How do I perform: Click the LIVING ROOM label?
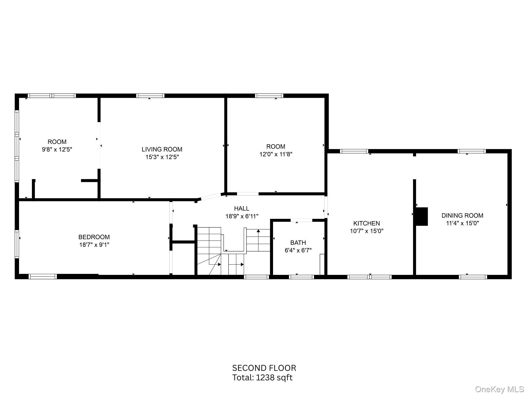coord(162,149)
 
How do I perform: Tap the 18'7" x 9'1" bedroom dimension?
coord(94,245)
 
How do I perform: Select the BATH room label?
coord(298,243)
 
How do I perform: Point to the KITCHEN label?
coord(366,223)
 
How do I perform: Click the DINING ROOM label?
coord(462,216)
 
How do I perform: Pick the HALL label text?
coord(241,208)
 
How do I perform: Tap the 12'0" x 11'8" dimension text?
coord(276,154)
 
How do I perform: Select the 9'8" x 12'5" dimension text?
coord(57,149)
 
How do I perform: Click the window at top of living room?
coord(150,96)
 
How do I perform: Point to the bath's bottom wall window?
coord(301,277)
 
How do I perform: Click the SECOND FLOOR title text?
coord(264,368)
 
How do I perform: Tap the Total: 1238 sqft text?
coord(262,378)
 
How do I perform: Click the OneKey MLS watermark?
coord(499,389)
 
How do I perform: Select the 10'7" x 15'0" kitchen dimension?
coord(366,231)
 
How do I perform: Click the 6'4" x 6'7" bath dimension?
coord(298,250)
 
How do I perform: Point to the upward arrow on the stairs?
coord(258,231)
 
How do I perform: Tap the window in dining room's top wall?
coord(472,151)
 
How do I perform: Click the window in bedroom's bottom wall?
coord(42,277)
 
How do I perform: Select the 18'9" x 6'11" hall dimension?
coord(242,216)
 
